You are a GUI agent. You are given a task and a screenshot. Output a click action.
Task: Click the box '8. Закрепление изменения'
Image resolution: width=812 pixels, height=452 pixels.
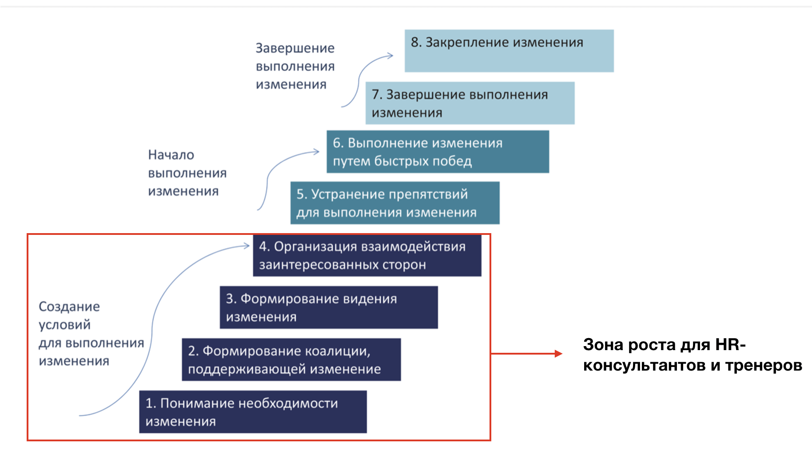click(509, 51)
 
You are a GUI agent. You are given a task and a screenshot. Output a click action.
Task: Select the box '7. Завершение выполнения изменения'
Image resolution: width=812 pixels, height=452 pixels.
click(470, 103)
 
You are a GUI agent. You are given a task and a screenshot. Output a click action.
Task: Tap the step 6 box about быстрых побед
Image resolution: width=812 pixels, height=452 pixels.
click(438, 152)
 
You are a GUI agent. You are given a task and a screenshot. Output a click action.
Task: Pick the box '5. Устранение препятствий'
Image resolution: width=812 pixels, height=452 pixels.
click(395, 203)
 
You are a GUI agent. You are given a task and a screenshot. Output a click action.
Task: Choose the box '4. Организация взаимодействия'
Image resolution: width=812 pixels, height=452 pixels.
click(367, 255)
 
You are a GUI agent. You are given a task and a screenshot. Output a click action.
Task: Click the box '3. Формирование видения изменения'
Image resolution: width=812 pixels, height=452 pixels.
click(329, 307)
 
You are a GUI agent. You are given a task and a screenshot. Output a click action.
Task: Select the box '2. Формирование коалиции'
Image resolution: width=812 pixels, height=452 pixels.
click(291, 359)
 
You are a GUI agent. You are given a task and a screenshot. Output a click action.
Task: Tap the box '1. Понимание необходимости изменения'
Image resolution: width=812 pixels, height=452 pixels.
click(253, 412)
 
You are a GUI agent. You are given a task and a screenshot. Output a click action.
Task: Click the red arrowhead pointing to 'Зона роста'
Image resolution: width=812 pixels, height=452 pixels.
click(559, 354)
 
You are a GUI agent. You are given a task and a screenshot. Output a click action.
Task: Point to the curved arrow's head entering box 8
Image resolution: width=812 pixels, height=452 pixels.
click(390, 56)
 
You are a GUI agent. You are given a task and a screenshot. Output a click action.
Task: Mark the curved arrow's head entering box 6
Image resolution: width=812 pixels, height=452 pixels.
click(316, 152)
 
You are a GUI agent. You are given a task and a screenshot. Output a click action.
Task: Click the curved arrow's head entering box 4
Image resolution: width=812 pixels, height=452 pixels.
click(247, 246)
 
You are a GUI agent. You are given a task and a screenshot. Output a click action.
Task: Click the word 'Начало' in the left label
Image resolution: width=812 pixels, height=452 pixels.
click(171, 155)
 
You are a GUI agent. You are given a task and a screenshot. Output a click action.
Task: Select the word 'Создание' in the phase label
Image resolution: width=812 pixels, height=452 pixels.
click(69, 307)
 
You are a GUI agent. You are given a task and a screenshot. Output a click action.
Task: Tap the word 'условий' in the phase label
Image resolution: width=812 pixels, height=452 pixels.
click(64, 325)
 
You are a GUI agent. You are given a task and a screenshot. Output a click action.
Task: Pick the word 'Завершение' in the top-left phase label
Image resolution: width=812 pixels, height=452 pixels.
click(295, 48)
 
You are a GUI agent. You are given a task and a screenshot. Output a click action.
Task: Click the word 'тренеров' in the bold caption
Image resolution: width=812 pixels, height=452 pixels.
click(764, 365)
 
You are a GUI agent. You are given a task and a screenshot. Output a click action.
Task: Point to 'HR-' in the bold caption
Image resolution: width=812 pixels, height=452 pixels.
click(730, 344)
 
